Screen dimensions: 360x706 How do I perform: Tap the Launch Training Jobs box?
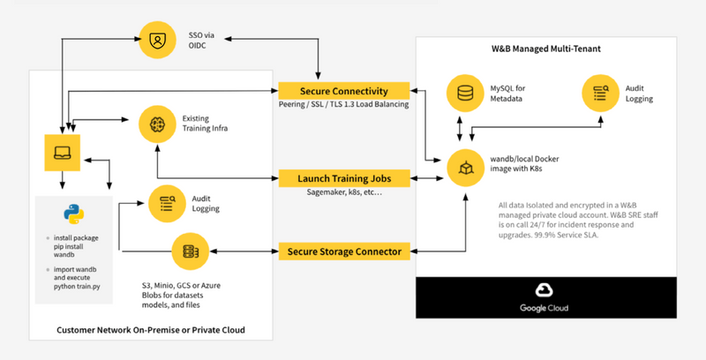344,178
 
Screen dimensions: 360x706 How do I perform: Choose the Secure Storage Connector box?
344,251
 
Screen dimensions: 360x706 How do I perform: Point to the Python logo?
72,214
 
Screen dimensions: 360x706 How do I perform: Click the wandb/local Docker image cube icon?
465,167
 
